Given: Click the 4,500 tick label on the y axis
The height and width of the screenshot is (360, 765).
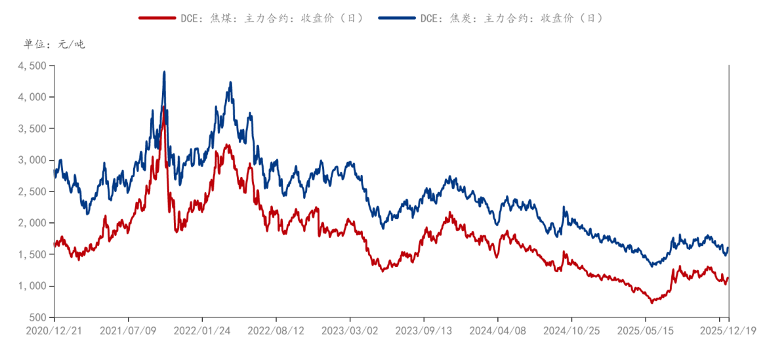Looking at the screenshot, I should [32, 66].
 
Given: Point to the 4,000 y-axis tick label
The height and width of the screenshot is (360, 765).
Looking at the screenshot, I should [32, 97].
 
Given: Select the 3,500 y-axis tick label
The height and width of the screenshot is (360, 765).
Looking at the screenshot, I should [32, 129].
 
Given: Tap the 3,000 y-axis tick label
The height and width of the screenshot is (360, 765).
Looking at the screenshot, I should [32, 160].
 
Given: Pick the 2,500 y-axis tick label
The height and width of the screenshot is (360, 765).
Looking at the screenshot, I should [32, 191].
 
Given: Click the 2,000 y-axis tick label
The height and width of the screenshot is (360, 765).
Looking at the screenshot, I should [32, 223].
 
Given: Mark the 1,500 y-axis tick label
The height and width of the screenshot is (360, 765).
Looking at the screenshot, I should [32, 254].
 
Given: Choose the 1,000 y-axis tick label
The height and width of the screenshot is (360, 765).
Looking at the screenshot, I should [32, 286].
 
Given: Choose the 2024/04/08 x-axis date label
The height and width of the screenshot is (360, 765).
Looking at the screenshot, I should [497, 330].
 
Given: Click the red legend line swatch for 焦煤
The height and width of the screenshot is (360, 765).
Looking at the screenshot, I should [157, 18].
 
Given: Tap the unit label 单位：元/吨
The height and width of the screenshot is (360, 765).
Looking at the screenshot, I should [54, 45].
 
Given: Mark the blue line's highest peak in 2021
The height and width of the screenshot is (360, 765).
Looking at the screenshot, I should [164, 72].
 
